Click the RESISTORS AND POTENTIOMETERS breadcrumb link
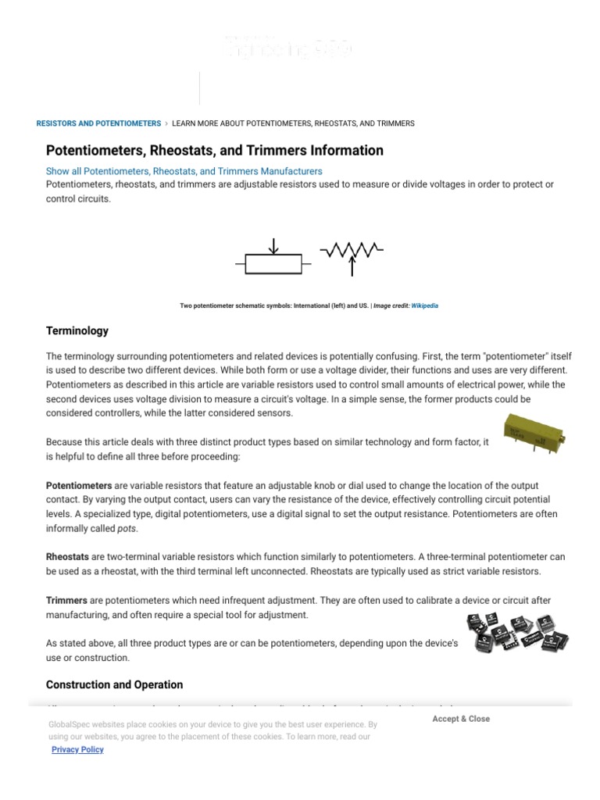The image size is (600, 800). (98, 123)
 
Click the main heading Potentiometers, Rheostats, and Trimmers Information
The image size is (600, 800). (215, 150)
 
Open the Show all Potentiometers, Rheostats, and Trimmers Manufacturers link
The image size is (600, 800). (184, 171)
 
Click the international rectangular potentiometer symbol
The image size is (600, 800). (273, 264)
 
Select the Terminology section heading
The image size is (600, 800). (77, 331)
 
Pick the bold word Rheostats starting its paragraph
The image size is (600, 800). (67, 557)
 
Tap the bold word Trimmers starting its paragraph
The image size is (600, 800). (66, 600)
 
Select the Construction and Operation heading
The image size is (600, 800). (114, 684)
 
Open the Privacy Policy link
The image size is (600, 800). (77, 749)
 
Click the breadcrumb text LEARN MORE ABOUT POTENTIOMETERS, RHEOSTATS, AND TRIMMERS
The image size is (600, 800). (293, 123)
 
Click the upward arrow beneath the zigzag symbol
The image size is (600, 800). (352, 267)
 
